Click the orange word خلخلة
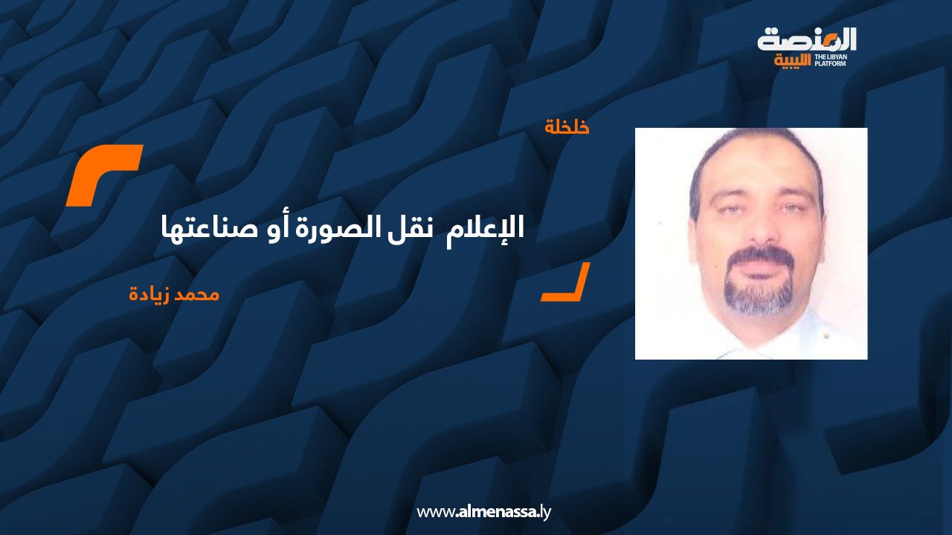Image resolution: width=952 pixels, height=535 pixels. [567, 127]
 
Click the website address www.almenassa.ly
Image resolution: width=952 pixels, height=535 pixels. [483, 512]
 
